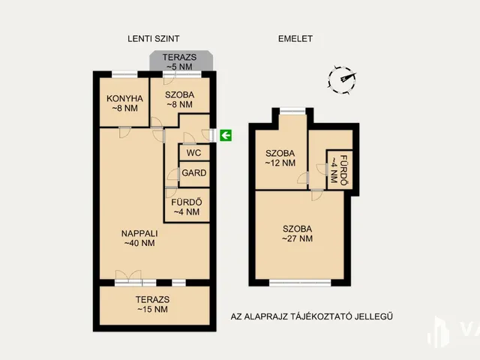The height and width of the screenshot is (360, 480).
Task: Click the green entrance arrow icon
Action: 226,135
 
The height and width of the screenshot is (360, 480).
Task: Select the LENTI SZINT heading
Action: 153,38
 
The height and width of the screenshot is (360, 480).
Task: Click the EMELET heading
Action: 295,38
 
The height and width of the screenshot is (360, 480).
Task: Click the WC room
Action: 193,152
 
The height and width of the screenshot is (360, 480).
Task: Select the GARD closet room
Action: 193,173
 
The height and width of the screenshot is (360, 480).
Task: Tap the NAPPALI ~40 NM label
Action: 139,238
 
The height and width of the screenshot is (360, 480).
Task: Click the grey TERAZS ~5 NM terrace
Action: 181,61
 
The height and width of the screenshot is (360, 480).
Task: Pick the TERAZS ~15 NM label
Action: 152,304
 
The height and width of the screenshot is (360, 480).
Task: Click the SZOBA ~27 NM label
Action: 297,233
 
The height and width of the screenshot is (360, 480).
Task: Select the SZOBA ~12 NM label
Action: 280,158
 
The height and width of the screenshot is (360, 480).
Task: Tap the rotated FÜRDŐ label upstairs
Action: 339,170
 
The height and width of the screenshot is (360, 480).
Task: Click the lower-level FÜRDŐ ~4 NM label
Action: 187,207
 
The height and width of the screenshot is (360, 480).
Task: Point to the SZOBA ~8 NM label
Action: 180,100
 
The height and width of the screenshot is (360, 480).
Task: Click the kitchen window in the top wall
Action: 124,74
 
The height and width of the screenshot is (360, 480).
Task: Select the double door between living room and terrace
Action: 128,278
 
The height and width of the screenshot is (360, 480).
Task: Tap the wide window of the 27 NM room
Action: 300,283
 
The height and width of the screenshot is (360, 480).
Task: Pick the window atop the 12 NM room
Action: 292,111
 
